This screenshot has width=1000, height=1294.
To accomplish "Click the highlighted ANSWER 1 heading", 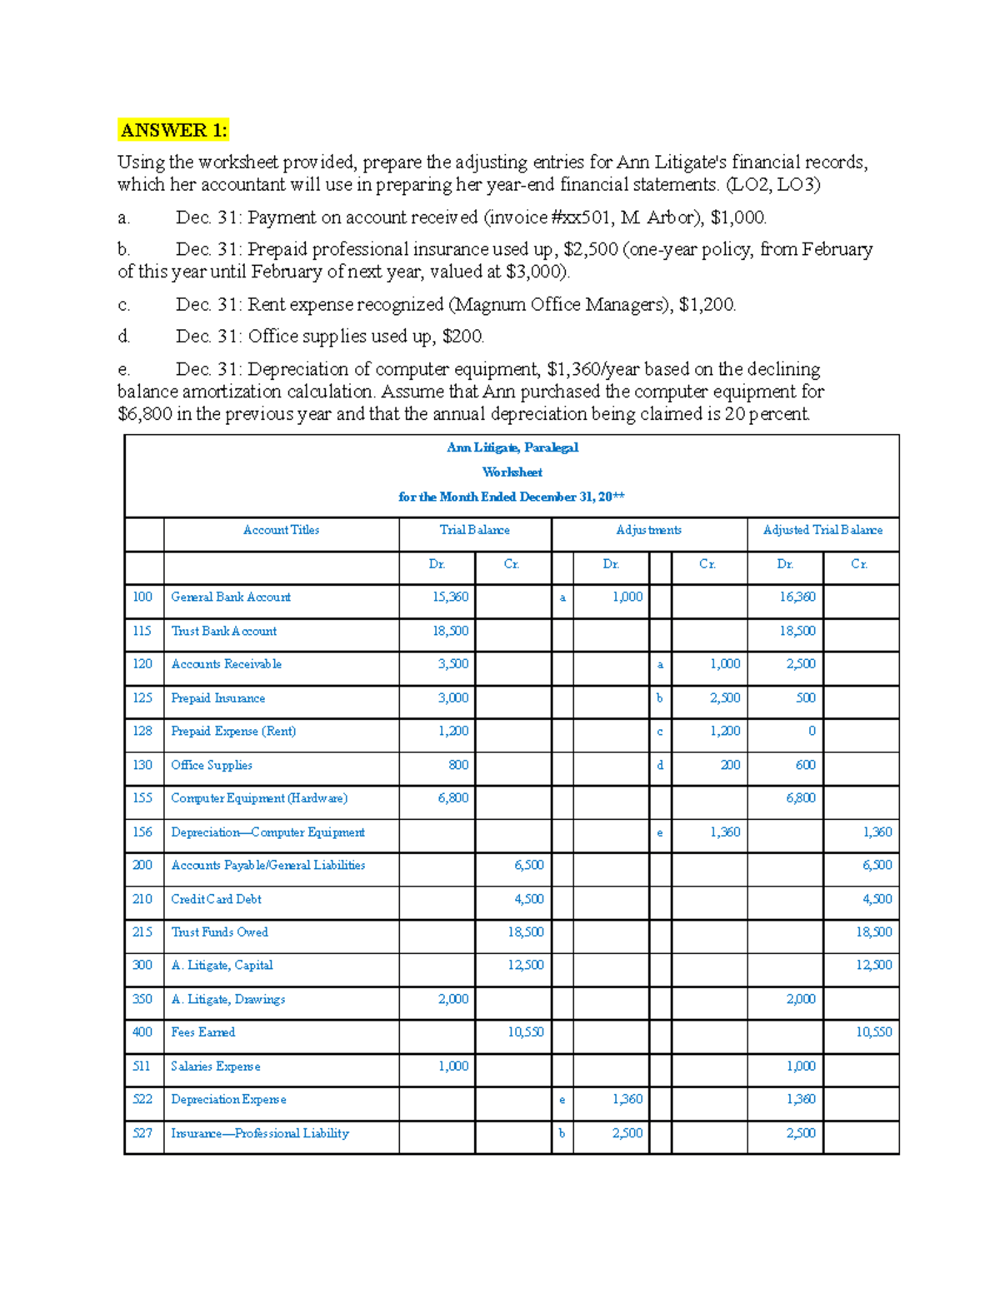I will tap(172, 130).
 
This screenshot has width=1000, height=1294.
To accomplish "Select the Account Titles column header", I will tap(281, 530).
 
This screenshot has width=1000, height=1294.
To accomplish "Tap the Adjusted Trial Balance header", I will tap(822, 530).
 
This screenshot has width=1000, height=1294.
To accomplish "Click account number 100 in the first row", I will tap(142, 597).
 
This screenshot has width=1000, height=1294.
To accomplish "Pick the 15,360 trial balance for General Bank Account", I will tap(450, 597).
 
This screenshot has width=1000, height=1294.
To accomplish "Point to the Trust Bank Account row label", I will tap(223, 631).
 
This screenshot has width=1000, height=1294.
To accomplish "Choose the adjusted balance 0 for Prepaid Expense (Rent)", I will tap(812, 731).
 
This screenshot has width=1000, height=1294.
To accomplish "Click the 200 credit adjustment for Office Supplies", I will tap(730, 765).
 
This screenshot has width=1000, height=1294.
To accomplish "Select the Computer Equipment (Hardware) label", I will tap(259, 798).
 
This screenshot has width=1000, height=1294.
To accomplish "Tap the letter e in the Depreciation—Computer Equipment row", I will tap(660, 832).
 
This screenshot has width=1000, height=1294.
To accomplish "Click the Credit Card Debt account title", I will tap(216, 899).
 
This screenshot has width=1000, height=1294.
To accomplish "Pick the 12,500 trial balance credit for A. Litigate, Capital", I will tap(526, 965).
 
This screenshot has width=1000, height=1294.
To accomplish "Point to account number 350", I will tap(142, 999).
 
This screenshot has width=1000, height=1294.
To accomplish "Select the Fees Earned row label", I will tap(202, 1032).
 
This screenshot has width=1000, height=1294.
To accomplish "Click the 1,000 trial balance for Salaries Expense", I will tap(453, 1066).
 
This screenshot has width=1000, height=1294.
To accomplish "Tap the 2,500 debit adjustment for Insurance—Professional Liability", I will tap(627, 1133).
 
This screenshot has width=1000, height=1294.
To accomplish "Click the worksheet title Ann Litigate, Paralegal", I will tap(512, 447).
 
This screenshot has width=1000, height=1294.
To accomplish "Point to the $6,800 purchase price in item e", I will tap(144, 414).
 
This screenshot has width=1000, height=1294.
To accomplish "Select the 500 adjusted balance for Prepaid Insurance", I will tap(805, 698).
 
